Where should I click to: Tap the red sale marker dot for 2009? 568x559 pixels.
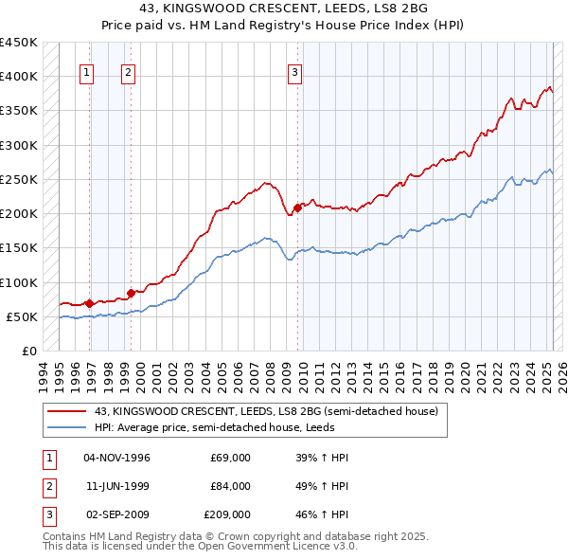pos(297,207)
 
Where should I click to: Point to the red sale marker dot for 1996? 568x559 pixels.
pos(89,303)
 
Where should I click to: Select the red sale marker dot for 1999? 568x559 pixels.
pos(131,293)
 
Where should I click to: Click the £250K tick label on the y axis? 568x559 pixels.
pos(19,179)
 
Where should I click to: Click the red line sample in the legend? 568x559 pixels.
pos(67,412)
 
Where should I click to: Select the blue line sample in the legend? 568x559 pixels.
pos(67,427)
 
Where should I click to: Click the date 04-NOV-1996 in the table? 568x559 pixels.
pos(117,458)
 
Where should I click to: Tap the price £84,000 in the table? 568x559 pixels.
pos(230,486)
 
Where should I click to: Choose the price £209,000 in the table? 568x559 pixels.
pos(227,514)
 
